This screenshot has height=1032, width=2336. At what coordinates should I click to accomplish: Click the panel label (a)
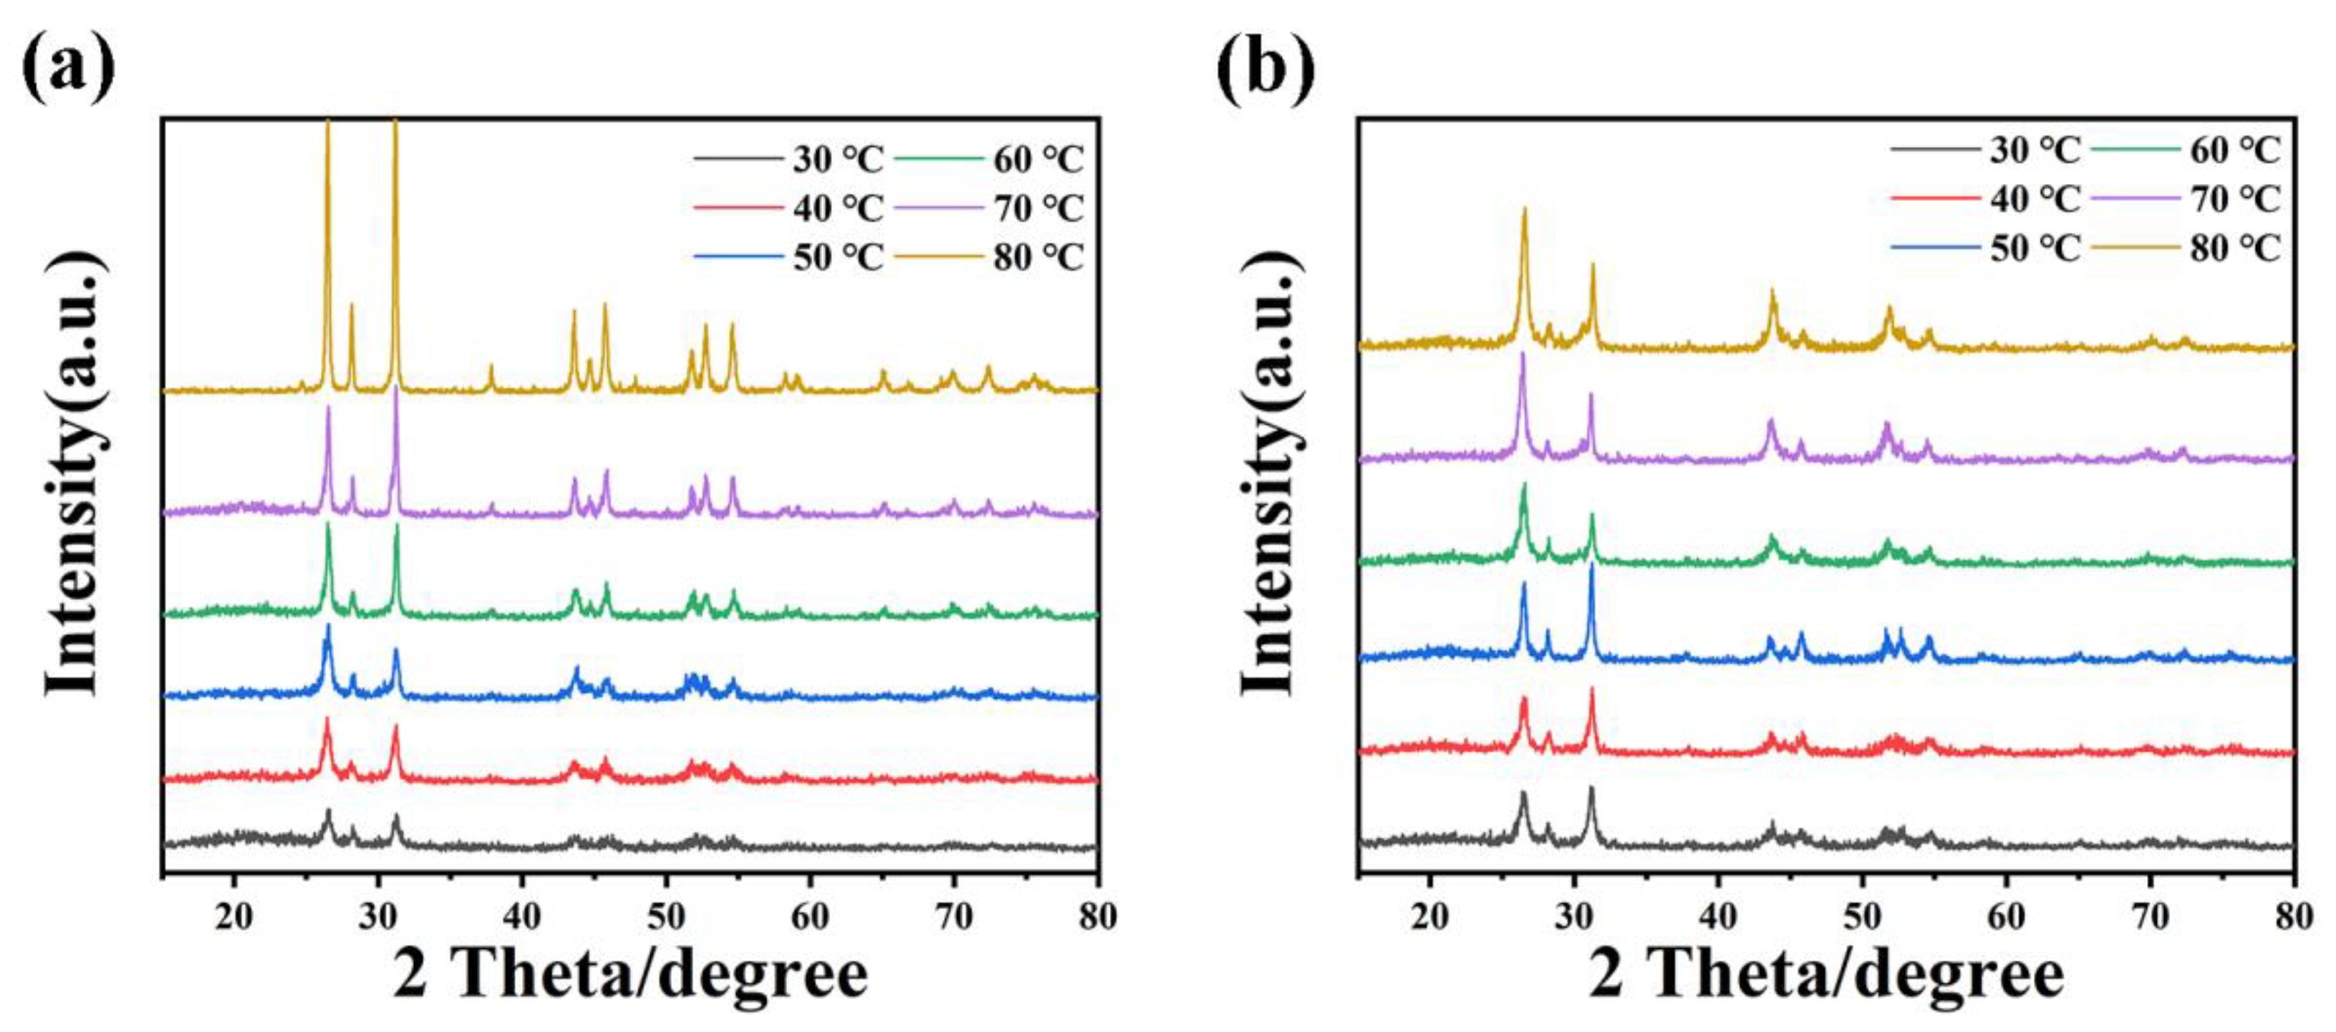point(68,68)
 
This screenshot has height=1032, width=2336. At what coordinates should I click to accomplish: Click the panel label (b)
point(1265,68)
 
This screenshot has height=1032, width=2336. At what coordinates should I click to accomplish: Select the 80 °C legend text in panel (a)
point(1038,258)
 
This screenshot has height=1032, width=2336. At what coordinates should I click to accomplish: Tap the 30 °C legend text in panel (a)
point(838,160)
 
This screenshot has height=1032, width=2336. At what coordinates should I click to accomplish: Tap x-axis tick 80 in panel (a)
point(1097,917)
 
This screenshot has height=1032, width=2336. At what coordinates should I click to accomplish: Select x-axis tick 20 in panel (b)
point(1430,917)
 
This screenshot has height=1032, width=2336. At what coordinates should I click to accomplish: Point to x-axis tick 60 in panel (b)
point(2006,917)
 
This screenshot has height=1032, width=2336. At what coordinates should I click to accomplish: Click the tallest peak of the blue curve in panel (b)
point(1591,566)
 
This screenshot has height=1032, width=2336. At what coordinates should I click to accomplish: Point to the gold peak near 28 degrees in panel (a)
point(352,306)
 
